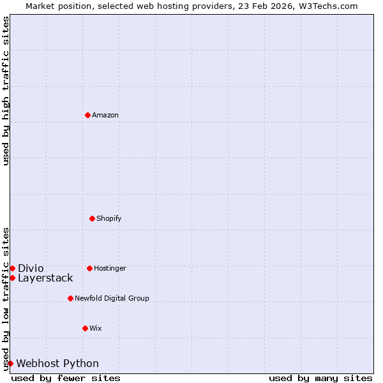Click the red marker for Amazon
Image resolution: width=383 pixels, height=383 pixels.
click(x=87, y=115)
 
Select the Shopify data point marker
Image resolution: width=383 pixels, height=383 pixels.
click(x=92, y=218)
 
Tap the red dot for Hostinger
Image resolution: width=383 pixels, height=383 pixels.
click(x=89, y=268)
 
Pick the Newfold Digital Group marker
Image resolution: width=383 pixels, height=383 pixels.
click(x=70, y=298)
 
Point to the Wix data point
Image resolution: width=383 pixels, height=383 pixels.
click(x=85, y=328)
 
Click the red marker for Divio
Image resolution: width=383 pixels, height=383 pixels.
click(x=12, y=268)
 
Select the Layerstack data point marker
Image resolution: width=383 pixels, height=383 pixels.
click(x=12, y=278)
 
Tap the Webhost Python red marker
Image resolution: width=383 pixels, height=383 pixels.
click(x=10, y=363)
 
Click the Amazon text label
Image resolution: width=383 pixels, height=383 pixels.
click(x=105, y=115)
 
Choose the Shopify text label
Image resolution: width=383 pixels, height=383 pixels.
click(x=109, y=218)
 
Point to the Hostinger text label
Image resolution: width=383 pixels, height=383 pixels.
click(x=110, y=268)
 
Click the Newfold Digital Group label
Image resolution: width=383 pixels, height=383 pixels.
click(x=112, y=298)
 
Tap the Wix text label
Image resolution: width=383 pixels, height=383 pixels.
click(x=96, y=328)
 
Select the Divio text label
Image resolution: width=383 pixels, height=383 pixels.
click(x=31, y=268)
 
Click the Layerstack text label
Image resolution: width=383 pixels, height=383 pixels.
click(x=45, y=278)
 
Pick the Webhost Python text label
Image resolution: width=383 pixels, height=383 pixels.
click(x=57, y=363)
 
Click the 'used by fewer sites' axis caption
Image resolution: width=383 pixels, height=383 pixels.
click(x=66, y=378)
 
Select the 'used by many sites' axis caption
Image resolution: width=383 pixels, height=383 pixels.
click(x=320, y=378)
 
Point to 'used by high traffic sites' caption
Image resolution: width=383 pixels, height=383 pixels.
click(x=6, y=91)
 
